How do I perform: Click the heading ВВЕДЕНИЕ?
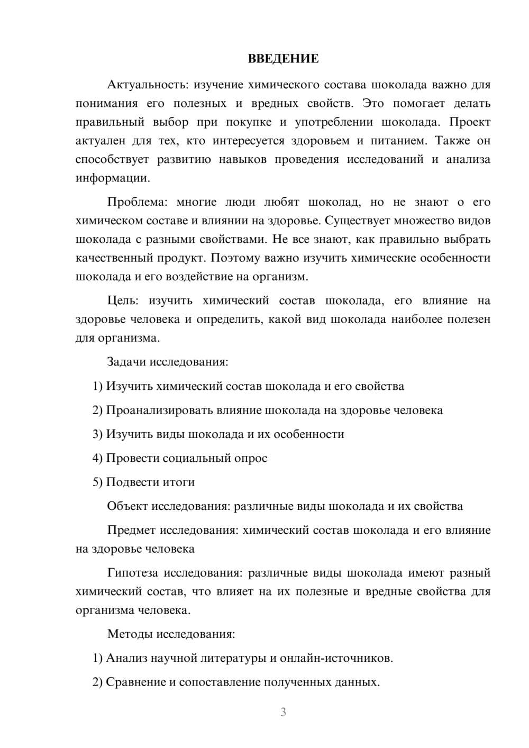[x=283, y=59]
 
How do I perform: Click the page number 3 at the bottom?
[x=283, y=712]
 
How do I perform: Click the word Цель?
[x=123, y=301]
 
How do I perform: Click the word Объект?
[x=127, y=506]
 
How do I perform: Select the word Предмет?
[x=131, y=530]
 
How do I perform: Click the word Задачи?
[x=126, y=362]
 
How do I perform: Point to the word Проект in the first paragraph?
[x=470, y=122]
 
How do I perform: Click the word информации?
[x=113, y=178]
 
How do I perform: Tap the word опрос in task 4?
[x=251, y=458]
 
